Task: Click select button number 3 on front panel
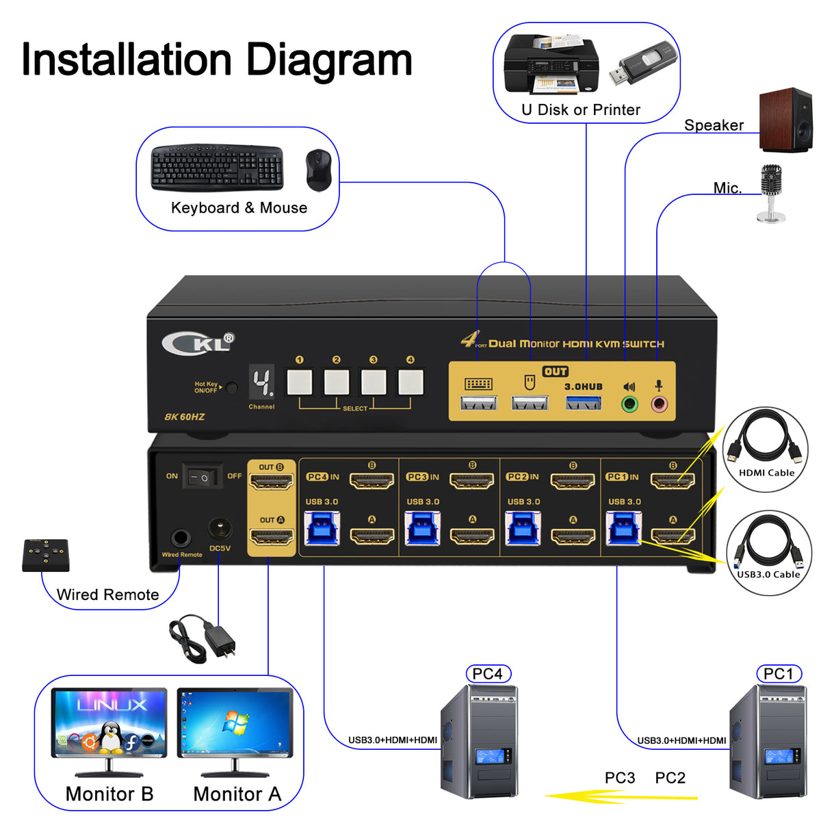click(374, 382)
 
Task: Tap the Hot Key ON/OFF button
click(232, 388)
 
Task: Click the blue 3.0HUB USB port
click(584, 403)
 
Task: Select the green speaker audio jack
click(629, 404)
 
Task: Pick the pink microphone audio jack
click(659, 404)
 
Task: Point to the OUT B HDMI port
click(271, 482)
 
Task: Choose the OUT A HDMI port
click(271, 536)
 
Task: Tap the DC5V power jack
click(219, 530)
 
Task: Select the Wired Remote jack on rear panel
click(181, 537)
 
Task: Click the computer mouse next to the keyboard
click(318, 170)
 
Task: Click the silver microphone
click(771, 193)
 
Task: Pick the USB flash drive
click(642, 64)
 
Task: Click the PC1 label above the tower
click(779, 674)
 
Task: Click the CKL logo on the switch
click(198, 342)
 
